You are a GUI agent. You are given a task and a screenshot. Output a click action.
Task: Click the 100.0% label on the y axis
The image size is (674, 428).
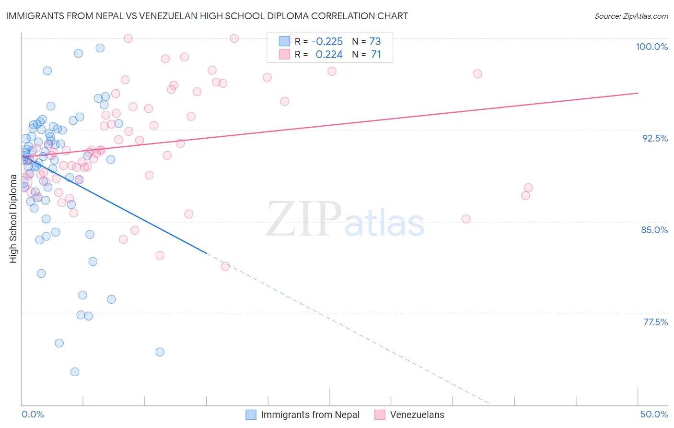(x=651, y=47)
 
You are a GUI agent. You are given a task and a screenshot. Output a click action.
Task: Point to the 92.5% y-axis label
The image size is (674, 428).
(x=655, y=138)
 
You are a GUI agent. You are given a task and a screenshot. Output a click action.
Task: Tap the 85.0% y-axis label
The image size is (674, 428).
(x=654, y=230)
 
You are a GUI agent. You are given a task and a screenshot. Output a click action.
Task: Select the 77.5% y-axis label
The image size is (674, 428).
(x=655, y=322)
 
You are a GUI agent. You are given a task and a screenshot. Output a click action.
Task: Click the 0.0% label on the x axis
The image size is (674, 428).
(x=33, y=414)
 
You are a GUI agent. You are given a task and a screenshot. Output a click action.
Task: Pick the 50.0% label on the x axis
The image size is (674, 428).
(x=654, y=414)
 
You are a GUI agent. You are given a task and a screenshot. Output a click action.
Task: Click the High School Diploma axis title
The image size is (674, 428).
(x=13, y=218)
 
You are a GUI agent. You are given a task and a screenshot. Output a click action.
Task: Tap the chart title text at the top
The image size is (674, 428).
(x=207, y=16)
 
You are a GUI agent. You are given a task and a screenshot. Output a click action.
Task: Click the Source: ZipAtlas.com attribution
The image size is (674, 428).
(x=631, y=16)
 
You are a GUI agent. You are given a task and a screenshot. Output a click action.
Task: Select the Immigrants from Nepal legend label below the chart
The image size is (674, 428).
(x=310, y=415)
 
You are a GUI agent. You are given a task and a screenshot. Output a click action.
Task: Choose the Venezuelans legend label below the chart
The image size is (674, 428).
(x=417, y=415)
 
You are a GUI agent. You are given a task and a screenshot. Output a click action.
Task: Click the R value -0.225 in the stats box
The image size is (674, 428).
(x=327, y=41)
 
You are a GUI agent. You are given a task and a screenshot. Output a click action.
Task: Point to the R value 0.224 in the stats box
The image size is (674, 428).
(x=329, y=55)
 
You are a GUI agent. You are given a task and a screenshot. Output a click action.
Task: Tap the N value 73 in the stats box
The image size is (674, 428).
(x=375, y=41)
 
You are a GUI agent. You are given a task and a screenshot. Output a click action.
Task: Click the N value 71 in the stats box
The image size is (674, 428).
(x=376, y=55)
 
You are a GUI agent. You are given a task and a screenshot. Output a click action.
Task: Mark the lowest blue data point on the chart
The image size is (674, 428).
(x=75, y=372)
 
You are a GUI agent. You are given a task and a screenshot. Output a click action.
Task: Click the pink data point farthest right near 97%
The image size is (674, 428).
(x=477, y=74)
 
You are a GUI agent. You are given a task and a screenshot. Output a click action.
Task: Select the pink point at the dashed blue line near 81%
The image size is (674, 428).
(x=225, y=266)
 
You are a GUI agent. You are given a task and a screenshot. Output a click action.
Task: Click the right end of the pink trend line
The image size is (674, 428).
(x=638, y=93)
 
